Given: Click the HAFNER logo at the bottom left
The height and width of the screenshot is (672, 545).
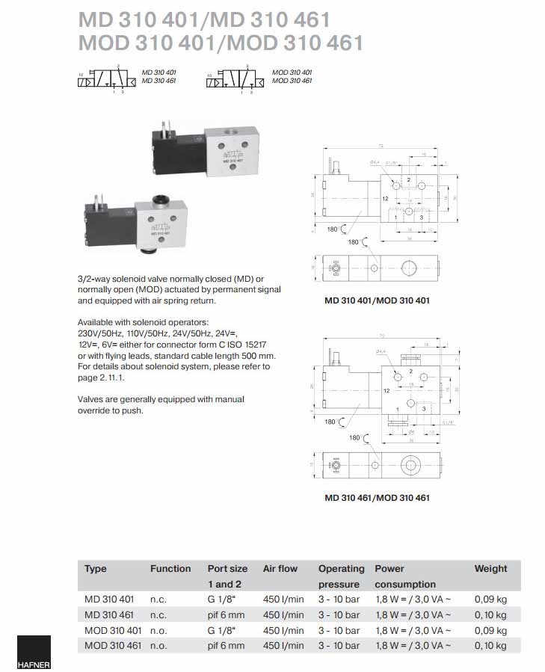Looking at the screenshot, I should click(34, 653).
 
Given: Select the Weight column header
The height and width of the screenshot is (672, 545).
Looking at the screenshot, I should click(490, 569).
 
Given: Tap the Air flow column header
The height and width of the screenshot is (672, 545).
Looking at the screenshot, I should click(280, 569).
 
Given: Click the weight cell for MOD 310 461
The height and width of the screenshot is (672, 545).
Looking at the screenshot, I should click(490, 646).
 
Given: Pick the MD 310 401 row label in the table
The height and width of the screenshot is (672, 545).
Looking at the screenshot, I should click(109, 599).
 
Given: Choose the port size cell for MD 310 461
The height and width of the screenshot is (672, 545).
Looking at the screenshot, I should click(226, 615).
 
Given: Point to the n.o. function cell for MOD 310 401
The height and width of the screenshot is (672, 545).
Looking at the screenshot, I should click(158, 630).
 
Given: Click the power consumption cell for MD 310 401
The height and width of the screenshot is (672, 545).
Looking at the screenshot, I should click(413, 599).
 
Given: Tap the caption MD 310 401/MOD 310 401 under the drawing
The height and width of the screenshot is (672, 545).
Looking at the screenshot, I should click(377, 301).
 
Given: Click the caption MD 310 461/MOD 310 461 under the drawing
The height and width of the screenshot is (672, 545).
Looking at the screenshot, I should click(377, 497).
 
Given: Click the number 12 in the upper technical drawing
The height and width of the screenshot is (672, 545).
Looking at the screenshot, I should click(384, 200).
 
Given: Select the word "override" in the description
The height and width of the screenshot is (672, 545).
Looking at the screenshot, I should click(94, 410).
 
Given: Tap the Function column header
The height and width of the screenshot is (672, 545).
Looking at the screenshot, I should click(170, 569).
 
